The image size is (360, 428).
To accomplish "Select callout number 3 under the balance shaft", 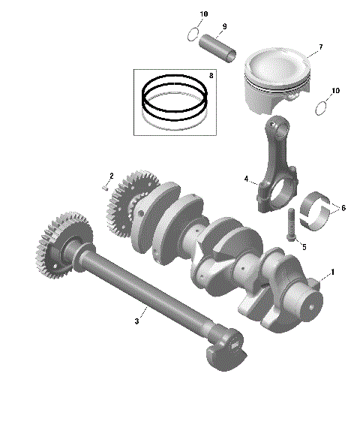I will coord(136,321).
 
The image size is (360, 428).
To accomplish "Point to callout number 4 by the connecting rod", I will coord(245,179).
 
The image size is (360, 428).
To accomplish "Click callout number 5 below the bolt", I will coord(304,246).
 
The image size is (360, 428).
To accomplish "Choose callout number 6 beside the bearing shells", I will coord(343,208).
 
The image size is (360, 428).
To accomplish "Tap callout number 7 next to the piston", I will coord(320,47).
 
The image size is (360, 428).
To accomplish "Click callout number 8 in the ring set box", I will coord(211,76).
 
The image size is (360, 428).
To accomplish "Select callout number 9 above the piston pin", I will coord(223,27).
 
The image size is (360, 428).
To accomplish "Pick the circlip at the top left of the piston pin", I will coord(193,34).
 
